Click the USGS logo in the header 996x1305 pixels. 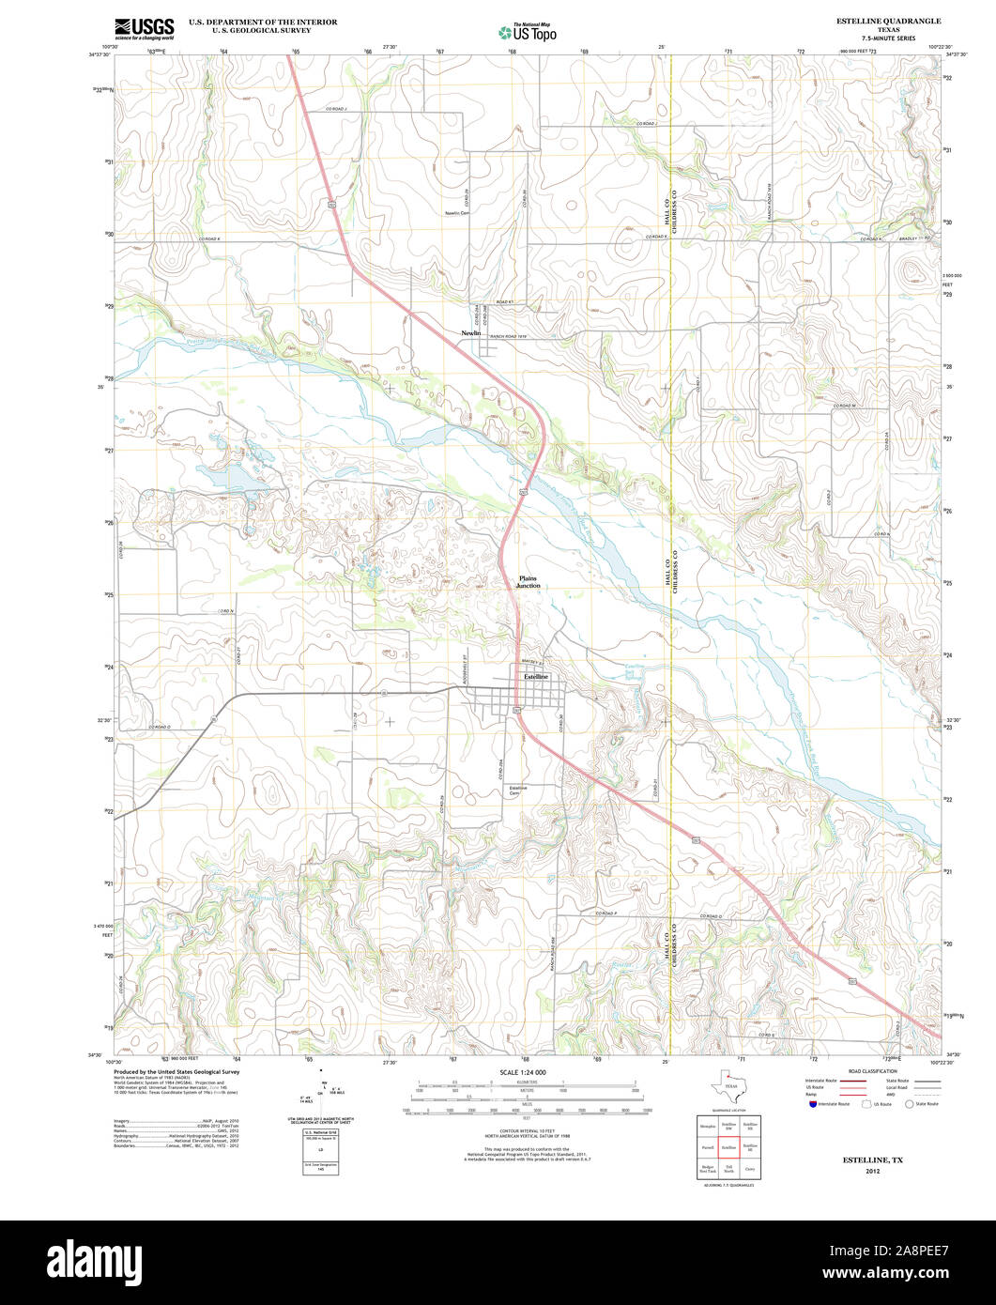[x=144, y=29]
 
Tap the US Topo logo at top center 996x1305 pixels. [x=528, y=32]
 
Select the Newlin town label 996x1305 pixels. [x=470, y=333]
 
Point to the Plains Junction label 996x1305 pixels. [x=529, y=581]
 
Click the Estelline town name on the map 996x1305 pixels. [x=535, y=677]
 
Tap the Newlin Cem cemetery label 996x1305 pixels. [x=456, y=213]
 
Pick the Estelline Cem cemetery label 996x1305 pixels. [x=518, y=791]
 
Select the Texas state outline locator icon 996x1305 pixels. [x=729, y=1085]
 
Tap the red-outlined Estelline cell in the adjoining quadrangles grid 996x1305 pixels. [x=728, y=1146]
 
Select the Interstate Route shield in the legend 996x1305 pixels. [x=812, y=1104]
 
